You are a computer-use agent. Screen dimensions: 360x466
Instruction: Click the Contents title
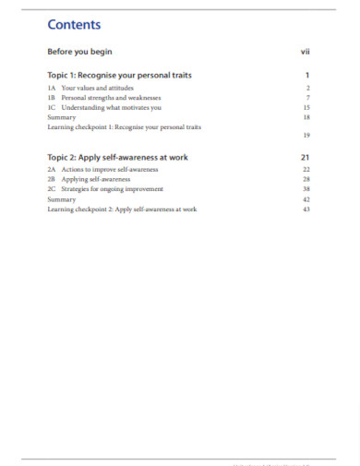pyautogui.click(x=74, y=24)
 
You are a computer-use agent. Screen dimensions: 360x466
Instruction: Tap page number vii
pyautogui.click(x=305, y=53)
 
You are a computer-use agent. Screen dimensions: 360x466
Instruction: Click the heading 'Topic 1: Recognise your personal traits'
pyautogui.click(x=119, y=75)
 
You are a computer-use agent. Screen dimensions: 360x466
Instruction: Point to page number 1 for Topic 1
pyautogui.click(x=307, y=75)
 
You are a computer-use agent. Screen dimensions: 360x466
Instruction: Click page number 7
pyautogui.click(x=307, y=97)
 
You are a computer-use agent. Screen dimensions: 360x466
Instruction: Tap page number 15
pyautogui.click(x=306, y=107)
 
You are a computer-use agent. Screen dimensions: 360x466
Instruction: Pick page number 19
pyautogui.click(x=306, y=136)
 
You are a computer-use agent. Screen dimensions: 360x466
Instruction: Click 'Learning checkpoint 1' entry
pyautogui.click(x=124, y=126)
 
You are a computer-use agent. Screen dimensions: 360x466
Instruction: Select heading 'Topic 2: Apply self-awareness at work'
pyautogui.click(x=117, y=158)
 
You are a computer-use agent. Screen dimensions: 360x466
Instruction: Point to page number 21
pyautogui.click(x=306, y=158)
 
